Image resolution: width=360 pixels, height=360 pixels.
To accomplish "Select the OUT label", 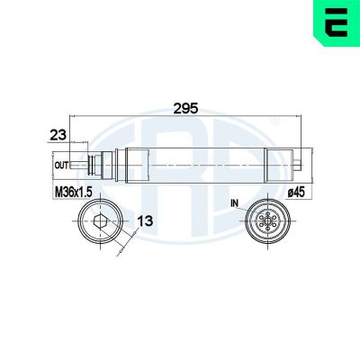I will pyautogui.click(x=61, y=166).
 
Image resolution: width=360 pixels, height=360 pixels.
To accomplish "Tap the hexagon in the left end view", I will pyautogui.click(x=99, y=222).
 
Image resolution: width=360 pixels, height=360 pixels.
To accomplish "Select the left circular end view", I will pyautogui.click(x=99, y=222).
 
